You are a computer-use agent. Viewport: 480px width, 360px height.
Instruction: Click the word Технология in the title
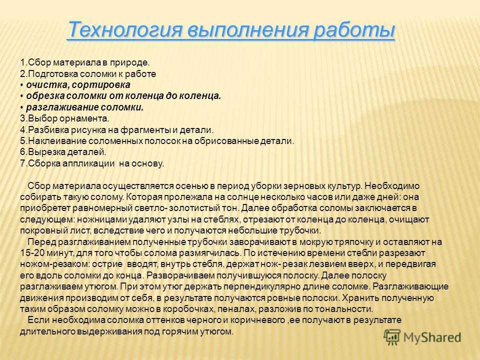tap(125, 30)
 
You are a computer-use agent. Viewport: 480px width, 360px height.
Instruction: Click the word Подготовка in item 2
tap(53, 74)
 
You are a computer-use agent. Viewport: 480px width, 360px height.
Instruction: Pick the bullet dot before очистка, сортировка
tap(22, 85)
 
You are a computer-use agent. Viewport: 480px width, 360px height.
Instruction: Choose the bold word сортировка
tap(101, 85)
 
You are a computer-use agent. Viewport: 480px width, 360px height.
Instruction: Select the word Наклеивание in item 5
tap(57, 141)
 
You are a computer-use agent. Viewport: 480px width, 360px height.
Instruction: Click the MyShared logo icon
tap(392, 337)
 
